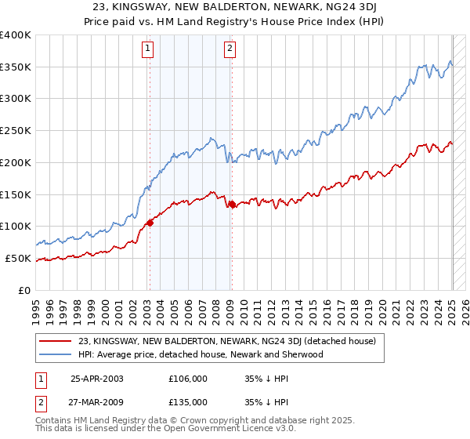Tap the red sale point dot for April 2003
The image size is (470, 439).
click(150, 223)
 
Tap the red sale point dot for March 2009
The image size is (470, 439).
click(231, 204)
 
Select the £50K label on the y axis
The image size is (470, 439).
click(18, 258)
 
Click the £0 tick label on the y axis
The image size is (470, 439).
click(25, 290)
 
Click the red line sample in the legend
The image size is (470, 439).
click(57, 342)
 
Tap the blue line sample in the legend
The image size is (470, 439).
click(57, 354)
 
